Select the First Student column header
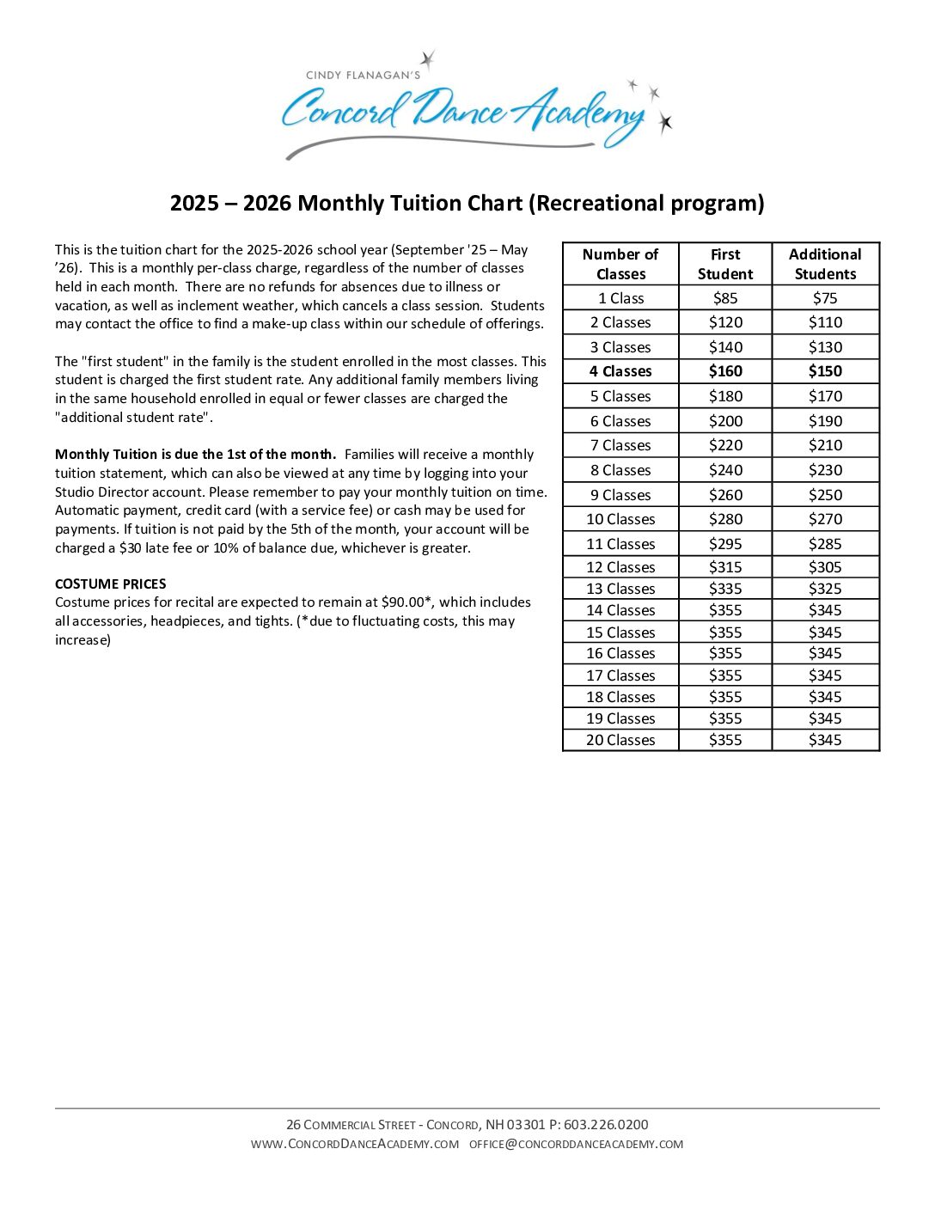pos(724,264)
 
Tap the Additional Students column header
pos(825,264)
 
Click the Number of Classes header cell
pos(620,264)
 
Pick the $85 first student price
pos(724,298)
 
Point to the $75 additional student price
pos(825,298)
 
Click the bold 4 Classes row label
pos(620,371)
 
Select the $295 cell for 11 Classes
pos(724,544)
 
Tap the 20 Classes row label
pos(620,740)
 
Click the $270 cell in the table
pos(825,519)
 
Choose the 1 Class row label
pos(620,298)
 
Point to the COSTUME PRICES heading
pos(110,584)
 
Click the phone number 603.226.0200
pos(606,1125)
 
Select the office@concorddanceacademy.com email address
pos(576,1145)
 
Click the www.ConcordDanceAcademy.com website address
pos(355,1145)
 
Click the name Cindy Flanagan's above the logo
pos(363,76)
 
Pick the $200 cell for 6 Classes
pos(724,421)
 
